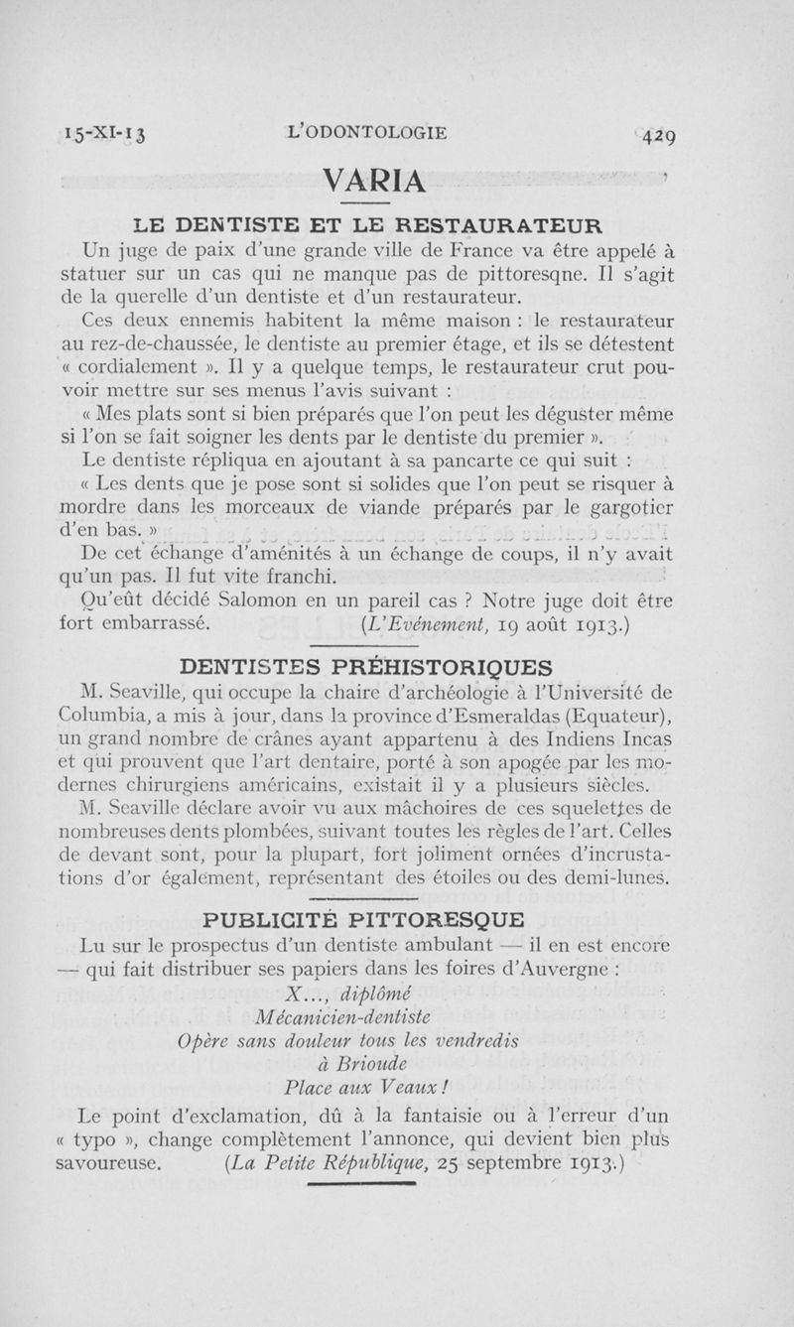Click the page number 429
658,136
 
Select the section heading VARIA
375,182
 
